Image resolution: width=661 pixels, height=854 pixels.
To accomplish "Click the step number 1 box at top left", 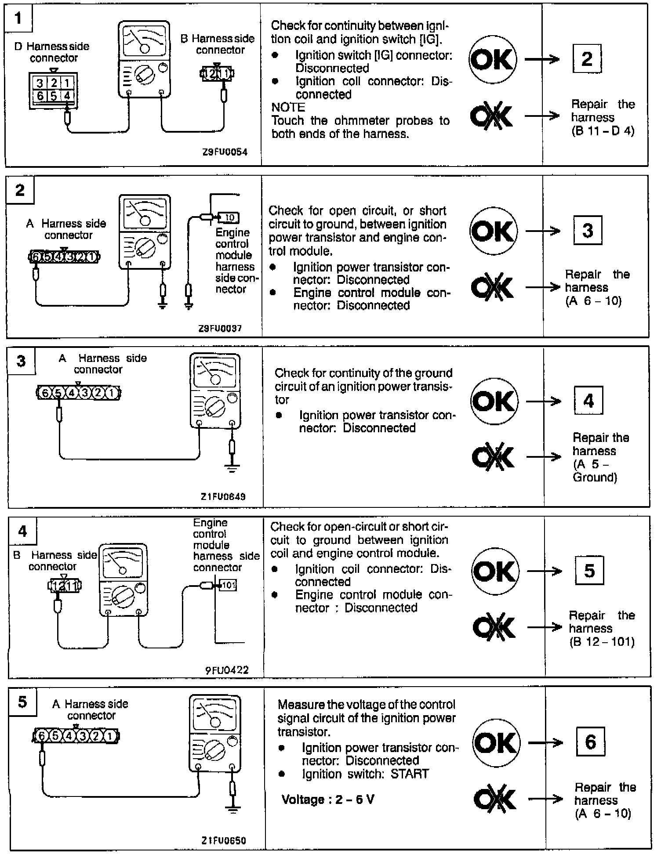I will [18, 19].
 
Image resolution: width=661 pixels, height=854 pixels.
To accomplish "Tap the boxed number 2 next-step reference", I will [587, 58].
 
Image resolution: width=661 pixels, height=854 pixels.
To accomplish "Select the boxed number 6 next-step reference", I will [590, 742].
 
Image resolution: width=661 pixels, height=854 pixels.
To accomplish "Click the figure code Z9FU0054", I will [225, 152].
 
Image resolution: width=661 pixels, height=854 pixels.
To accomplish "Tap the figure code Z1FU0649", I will [223, 497].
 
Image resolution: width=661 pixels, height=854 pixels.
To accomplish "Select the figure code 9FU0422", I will [227, 670].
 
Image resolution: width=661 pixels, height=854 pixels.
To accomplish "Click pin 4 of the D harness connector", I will [67, 95].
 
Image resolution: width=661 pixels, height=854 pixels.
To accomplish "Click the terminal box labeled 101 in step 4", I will [227, 585].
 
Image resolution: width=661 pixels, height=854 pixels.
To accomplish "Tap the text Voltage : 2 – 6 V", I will [328, 799].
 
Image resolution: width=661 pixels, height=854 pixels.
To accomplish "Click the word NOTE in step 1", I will [288, 108].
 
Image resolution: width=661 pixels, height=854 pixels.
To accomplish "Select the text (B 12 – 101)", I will [602, 642].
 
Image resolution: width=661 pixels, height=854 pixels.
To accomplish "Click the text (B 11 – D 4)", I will [603, 131].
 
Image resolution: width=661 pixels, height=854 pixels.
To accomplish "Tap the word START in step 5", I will [409, 774].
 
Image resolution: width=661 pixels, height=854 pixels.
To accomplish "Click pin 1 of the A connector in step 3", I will [112, 393].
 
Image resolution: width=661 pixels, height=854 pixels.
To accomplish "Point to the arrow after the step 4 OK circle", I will [544, 571].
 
